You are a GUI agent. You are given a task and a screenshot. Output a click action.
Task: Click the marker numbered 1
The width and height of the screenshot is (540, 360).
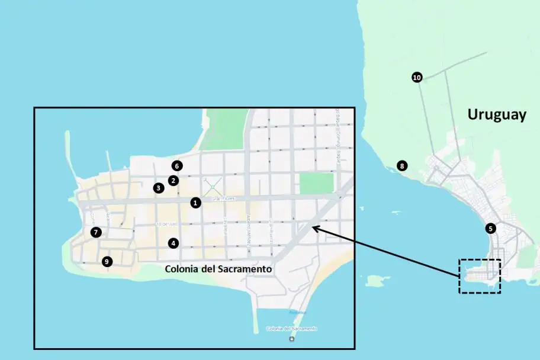click(196, 202)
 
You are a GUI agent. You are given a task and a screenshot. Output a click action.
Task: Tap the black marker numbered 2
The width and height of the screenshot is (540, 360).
click(173, 180)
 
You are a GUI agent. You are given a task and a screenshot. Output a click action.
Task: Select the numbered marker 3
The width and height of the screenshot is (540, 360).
click(158, 188)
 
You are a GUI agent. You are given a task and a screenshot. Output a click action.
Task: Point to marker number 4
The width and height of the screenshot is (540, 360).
click(173, 243)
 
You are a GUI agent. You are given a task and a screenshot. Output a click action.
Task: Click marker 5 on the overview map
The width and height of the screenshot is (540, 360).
click(490, 228)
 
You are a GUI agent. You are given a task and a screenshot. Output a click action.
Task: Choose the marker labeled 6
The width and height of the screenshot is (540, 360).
click(177, 166)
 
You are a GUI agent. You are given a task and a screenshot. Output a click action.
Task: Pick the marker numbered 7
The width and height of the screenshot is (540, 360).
click(96, 233)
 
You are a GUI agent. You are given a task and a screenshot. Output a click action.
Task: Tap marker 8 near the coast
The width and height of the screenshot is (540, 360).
click(402, 166)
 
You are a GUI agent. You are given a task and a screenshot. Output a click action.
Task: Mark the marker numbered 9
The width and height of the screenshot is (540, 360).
click(107, 261)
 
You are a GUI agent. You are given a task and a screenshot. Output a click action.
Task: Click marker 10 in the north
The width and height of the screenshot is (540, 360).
click(417, 78)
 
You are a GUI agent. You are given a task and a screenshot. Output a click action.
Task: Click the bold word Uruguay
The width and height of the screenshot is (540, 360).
click(496, 114)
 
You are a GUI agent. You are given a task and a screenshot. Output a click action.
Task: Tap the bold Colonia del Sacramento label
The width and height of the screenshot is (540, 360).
click(218, 269)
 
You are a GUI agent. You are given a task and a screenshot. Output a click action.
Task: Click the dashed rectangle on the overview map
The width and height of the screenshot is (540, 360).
click(480, 275)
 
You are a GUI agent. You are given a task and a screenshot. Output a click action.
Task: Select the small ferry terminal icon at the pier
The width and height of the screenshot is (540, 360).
click(291, 339)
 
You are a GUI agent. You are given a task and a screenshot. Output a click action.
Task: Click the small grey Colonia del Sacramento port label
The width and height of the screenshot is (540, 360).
click(291, 328)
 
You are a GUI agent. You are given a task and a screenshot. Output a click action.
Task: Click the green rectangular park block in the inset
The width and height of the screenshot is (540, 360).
click(316, 184)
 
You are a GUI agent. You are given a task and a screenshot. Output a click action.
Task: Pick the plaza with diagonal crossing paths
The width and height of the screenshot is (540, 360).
click(213, 187)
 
